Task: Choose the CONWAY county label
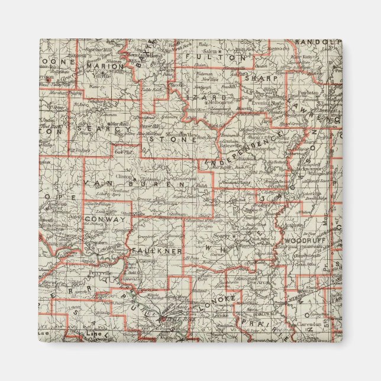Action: click(x=105, y=219)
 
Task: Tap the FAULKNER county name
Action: click(x=157, y=251)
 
